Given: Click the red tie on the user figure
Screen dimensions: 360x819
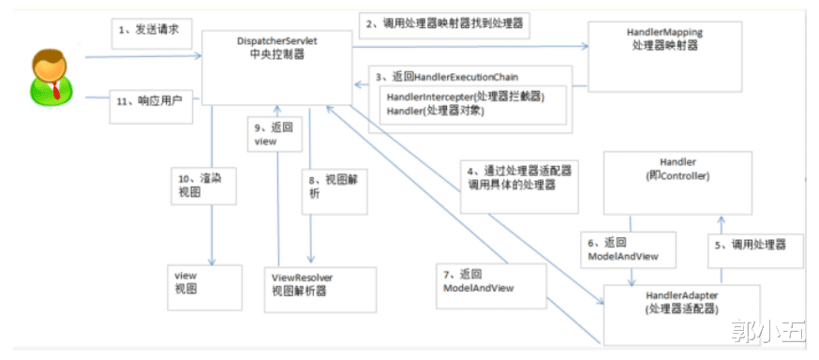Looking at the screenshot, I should tap(57, 91).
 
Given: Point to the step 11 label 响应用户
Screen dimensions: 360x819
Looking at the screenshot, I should tap(149, 103).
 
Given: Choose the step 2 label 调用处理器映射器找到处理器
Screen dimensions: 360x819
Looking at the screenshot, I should tap(444, 23).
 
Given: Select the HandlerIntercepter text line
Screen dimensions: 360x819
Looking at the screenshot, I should tap(465, 97).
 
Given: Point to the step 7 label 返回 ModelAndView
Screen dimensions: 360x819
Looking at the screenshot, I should tap(479, 281).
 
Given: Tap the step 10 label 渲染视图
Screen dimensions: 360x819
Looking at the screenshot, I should tap(201, 186).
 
